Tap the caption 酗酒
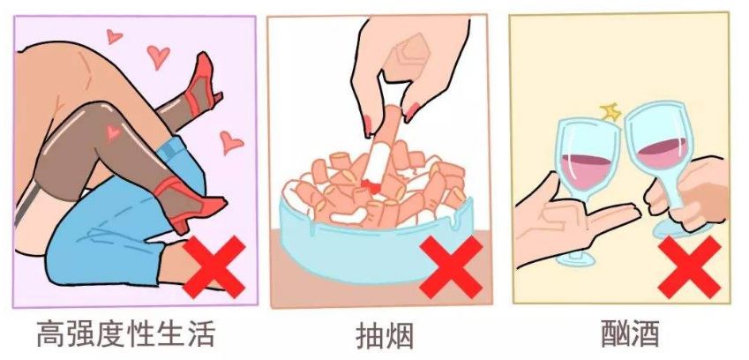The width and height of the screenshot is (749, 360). click(x=631, y=334)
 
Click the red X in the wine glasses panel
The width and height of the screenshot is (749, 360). click(x=689, y=266)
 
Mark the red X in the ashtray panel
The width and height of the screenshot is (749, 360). click(x=451, y=266)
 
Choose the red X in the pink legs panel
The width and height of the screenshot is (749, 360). click(x=214, y=266)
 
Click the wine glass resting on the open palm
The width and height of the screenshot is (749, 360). click(x=587, y=182)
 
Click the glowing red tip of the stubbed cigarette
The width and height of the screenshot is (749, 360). click(x=371, y=186)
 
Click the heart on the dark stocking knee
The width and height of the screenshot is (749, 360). click(x=113, y=132)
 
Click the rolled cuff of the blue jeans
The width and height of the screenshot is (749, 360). click(x=175, y=150)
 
